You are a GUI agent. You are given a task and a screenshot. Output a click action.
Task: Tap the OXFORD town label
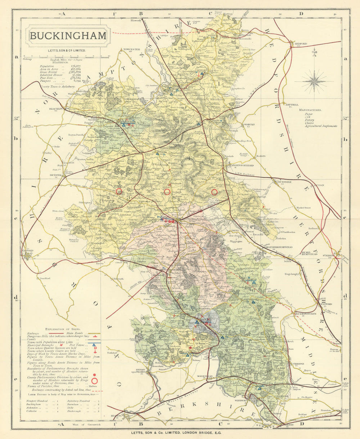(28, 251)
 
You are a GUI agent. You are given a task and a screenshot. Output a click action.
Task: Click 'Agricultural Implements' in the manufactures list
(321, 126)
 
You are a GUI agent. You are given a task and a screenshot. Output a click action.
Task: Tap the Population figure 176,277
(76, 66)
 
